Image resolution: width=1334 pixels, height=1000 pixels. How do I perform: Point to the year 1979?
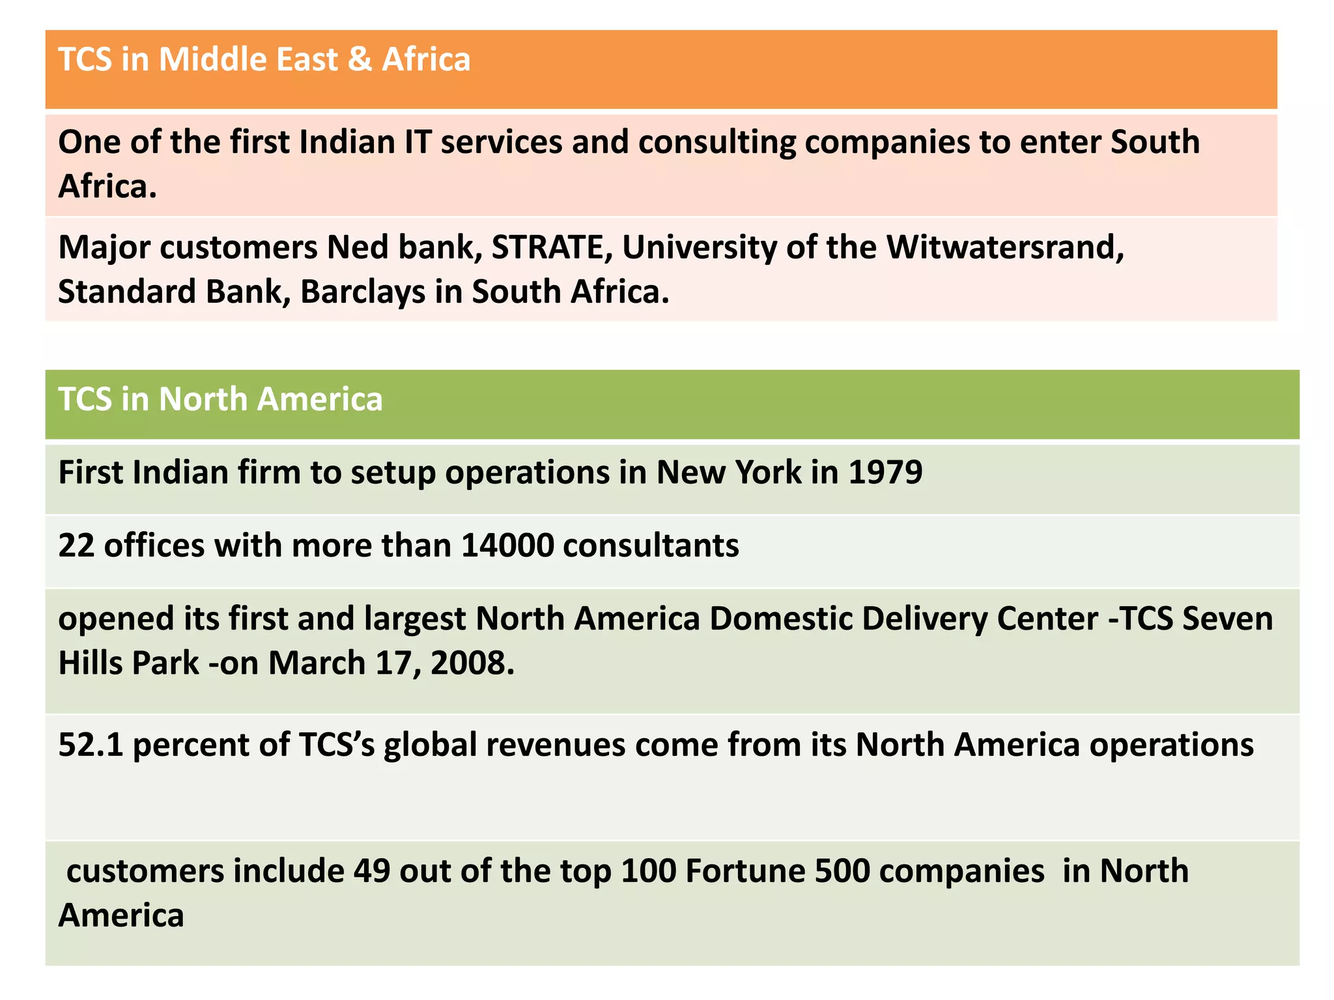tap(886, 472)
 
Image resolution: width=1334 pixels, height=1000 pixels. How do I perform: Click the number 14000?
tap(507, 545)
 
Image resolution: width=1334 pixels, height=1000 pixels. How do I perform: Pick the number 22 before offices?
tap(76, 545)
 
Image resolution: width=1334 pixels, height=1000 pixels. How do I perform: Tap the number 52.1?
tap(91, 744)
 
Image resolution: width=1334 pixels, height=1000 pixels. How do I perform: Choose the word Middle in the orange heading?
tap(212, 59)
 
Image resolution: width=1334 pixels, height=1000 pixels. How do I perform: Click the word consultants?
tap(651, 545)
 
